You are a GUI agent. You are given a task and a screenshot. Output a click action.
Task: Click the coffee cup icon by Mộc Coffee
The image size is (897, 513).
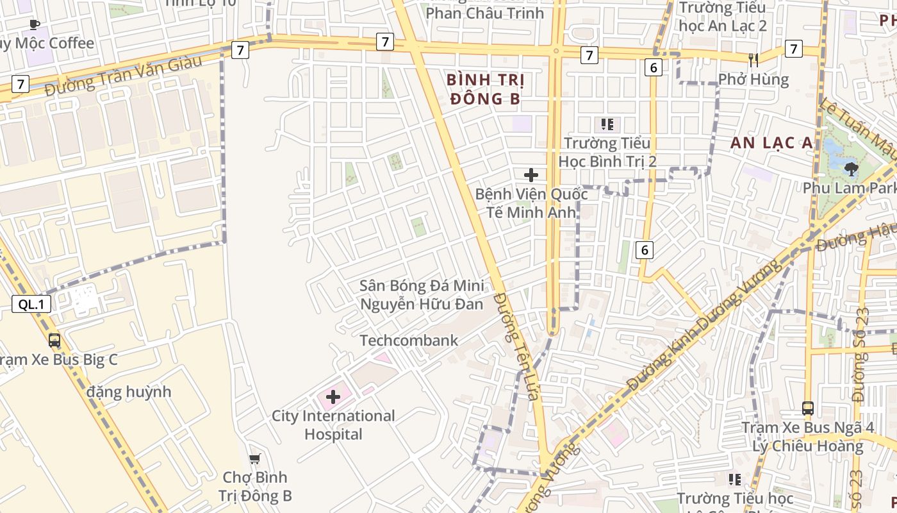[35, 25]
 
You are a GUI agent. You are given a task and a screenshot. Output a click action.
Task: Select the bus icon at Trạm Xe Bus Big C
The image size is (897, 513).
[54, 341]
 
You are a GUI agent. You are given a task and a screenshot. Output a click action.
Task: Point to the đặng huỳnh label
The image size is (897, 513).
[129, 391]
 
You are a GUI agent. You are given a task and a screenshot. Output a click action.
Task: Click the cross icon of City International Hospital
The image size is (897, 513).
[333, 397]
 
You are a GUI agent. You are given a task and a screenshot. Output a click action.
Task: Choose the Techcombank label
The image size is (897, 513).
[409, 341]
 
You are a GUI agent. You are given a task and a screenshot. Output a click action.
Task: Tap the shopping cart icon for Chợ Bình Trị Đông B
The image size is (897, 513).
[255, 458]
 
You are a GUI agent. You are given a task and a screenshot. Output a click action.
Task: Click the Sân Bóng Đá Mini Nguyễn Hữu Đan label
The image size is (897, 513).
[422, 295]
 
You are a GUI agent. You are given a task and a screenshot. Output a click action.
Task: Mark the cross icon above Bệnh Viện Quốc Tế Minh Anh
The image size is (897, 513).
[531, 174]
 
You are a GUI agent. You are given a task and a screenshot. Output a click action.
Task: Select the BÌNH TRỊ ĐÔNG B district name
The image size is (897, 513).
[485, 89]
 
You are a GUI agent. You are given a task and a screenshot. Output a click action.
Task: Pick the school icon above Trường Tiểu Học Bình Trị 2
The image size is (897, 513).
[607, 124]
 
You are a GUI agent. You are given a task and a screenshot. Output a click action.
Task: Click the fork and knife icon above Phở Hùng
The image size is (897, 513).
[753, 60]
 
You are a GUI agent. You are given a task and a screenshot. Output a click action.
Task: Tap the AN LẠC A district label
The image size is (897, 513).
[771, 143]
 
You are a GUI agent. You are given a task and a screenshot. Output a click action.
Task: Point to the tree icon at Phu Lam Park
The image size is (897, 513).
[851, 169]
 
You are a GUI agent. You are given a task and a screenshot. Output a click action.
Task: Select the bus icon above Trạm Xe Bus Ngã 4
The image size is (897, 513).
[808, 408]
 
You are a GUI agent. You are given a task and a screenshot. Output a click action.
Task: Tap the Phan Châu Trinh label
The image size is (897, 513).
[484, 13]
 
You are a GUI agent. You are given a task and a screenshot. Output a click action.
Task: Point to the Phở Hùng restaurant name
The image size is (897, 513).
[753, 80]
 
